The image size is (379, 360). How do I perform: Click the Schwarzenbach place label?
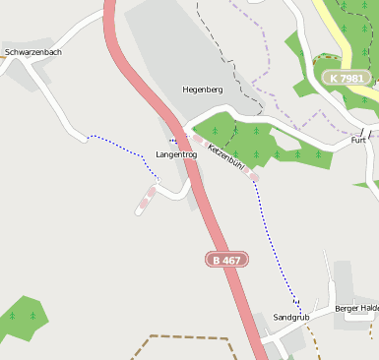pos(33,51)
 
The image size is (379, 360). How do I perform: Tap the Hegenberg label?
pos(203,90)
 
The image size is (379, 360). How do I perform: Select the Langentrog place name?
pos(177,154)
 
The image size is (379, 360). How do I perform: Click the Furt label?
pos(358,141)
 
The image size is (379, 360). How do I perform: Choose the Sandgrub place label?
pos(290,318)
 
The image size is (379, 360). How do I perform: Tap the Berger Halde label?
pos(356,308)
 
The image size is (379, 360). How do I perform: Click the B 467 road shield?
pos(226,260)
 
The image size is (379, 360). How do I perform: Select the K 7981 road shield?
pos(347,78)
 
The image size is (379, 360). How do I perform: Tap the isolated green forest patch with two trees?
pos(22,317)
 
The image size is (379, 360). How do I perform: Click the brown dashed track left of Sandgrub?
pos(187,337)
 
